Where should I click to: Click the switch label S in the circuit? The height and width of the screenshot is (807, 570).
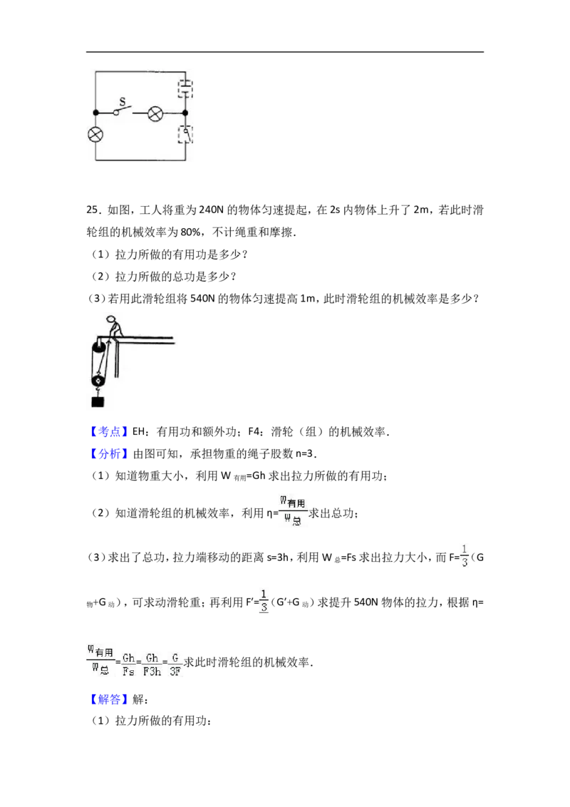tap(123, 101)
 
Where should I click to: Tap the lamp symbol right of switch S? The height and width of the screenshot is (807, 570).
tap(155, 113)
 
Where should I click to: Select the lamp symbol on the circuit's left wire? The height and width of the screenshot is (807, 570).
tap(95, 135)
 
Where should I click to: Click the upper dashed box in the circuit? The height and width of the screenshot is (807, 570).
tap(185, 88)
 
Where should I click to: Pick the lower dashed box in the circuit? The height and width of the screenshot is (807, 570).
tap(185, 134)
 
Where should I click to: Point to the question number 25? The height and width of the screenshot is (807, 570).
tap(93, 210)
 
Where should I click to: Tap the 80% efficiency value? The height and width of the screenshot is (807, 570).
tap(191, 232)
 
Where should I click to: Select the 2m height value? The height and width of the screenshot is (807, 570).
tap(420, 210)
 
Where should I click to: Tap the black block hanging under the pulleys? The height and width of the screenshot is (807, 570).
tap(98, 401)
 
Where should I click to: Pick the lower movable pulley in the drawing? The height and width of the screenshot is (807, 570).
tap(98, 381)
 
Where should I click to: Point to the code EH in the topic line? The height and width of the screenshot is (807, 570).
tap(139, 431)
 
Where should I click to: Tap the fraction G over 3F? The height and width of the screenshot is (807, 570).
tap(175, 664)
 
